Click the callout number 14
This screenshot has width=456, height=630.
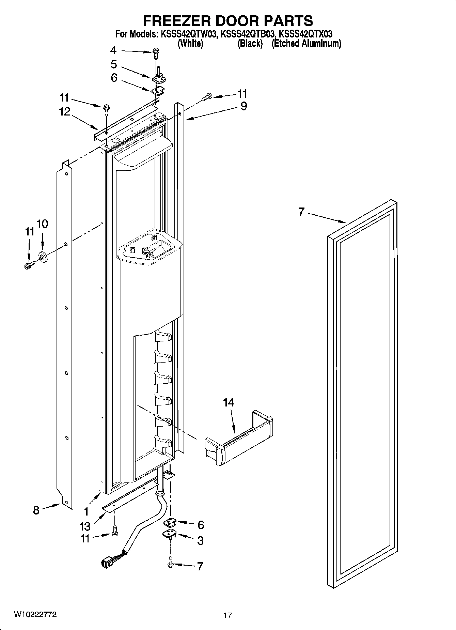229,402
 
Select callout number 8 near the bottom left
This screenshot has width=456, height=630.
36,510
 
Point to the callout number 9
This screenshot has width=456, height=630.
243,106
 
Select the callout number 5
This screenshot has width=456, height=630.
114,64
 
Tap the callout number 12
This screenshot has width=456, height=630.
65,111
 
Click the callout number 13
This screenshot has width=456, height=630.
85,526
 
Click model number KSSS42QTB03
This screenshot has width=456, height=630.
247,34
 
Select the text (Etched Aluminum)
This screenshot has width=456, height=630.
306,43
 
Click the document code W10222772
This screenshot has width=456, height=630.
35,615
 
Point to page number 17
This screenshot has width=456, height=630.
227,615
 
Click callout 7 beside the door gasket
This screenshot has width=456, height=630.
301,212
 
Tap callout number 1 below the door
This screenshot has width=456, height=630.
86,511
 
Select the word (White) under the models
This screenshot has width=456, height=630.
190,43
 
